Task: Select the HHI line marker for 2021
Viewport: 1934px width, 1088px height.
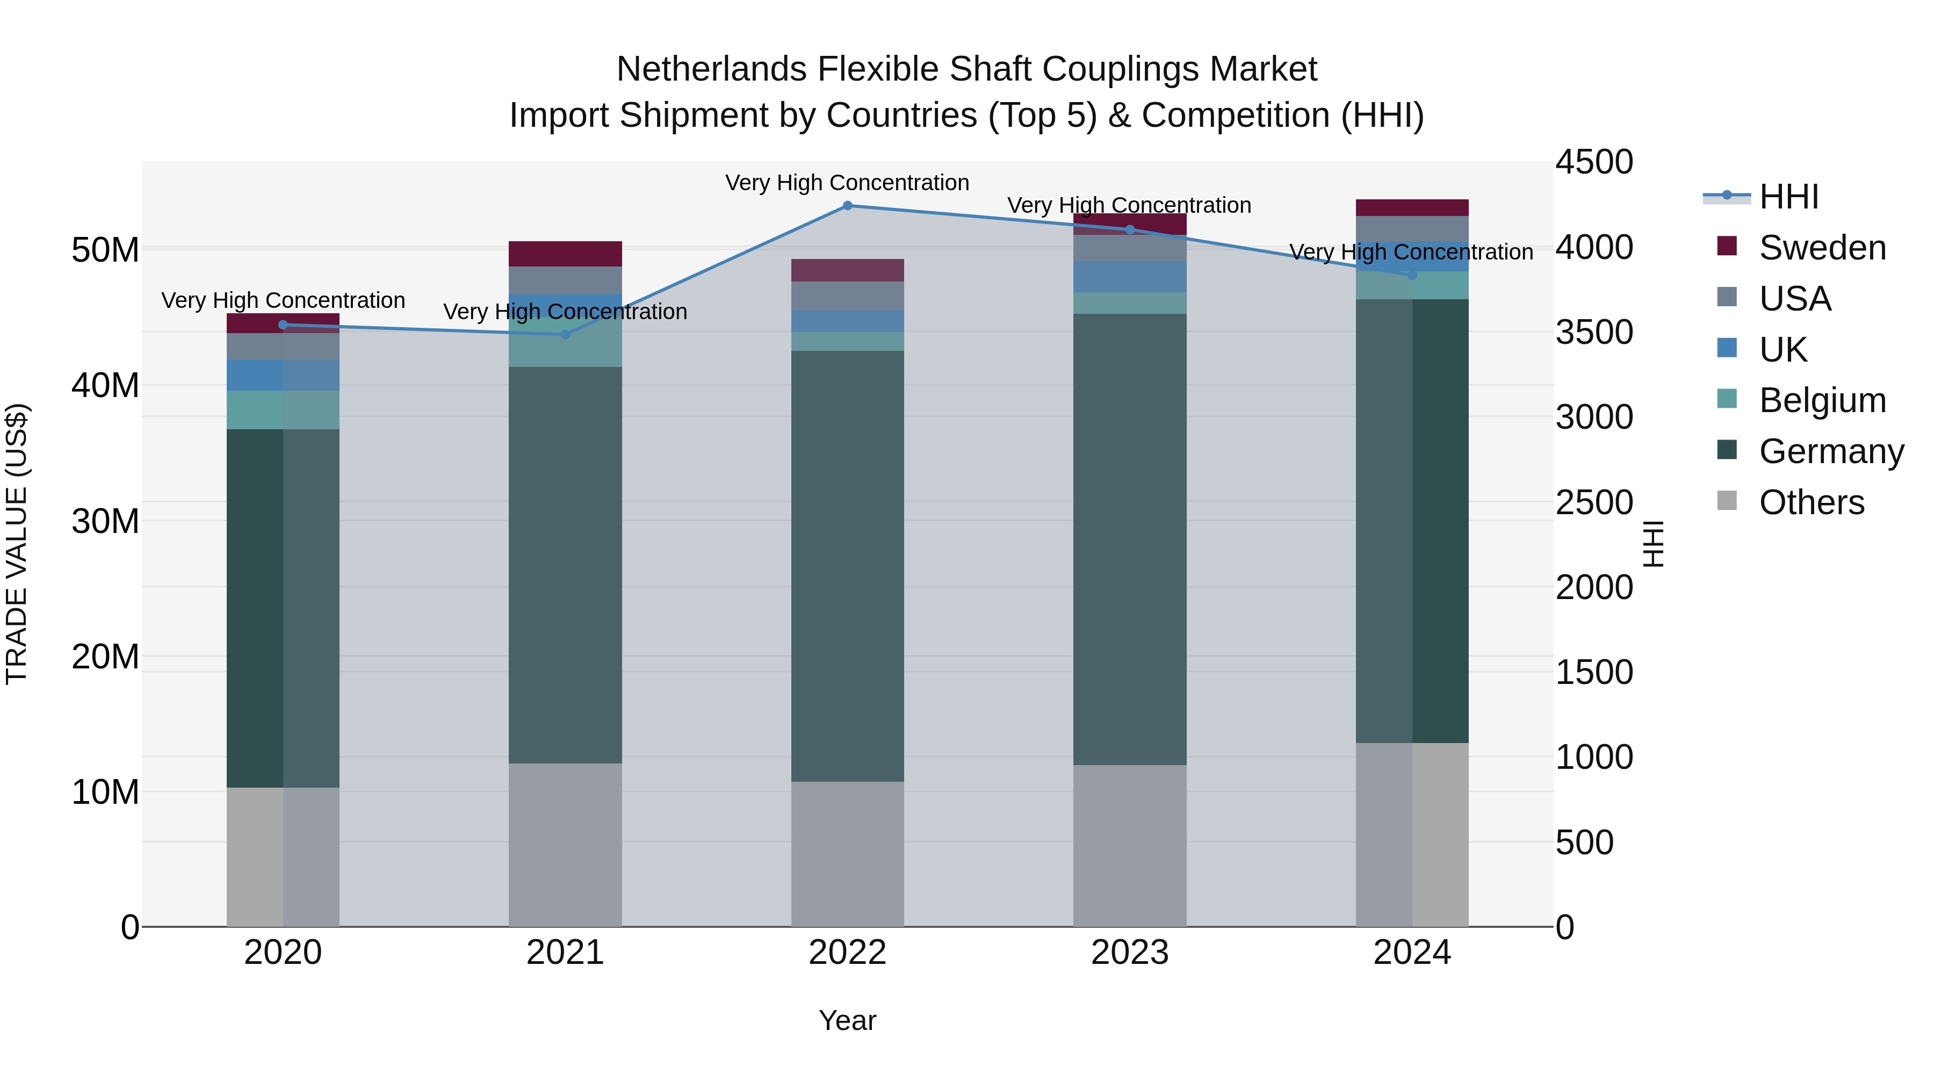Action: pos(565,334)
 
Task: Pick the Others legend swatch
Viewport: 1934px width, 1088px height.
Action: pos(1727,501)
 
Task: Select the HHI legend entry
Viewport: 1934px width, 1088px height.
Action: pos(1788,197)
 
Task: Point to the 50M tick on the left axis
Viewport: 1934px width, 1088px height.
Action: pos(105,249)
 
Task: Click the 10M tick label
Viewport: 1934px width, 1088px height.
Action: pos(105,792)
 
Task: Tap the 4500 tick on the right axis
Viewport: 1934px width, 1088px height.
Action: pos(1593,162)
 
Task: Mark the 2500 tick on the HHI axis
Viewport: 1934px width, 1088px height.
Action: pos(1593,502)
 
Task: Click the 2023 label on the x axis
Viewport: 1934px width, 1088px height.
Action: pos(1129,953)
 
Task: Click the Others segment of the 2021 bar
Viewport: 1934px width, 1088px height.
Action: pos(565,845)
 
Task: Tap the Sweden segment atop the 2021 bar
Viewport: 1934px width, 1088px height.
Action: pos(565,254)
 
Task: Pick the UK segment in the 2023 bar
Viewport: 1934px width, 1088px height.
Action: pos(1129,276)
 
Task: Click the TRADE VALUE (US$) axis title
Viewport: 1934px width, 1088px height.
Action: pos(17,544)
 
